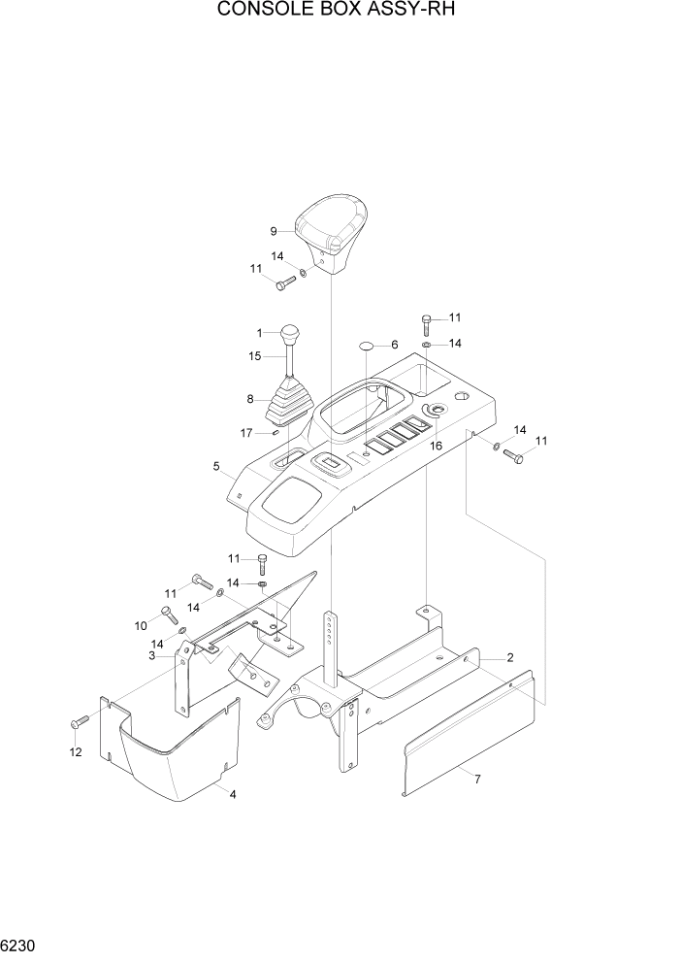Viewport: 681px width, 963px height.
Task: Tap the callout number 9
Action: (x=274, y=231)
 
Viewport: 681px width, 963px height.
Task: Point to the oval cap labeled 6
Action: (x=367, y=346)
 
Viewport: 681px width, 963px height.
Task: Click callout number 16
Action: (x=436, y=445)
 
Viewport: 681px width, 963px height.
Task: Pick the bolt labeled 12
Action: (x=80, y=721)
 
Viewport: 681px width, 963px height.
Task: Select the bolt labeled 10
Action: (x=167, y=614)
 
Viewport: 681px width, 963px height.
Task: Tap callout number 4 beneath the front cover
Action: (x=233, y=794)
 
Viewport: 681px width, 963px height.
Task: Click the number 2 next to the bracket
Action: (x=508, y=658)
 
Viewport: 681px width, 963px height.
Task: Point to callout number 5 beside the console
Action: (x=216, y=466)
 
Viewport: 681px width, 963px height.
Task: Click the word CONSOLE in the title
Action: (x=255, y=12)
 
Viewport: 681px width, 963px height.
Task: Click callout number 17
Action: (x=247, y=432)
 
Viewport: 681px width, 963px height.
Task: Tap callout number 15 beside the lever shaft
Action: (x=254, y=356)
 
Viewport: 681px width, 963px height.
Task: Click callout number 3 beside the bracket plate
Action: (x=152, y=657)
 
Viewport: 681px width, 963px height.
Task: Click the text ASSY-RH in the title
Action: (x=422, y=12)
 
